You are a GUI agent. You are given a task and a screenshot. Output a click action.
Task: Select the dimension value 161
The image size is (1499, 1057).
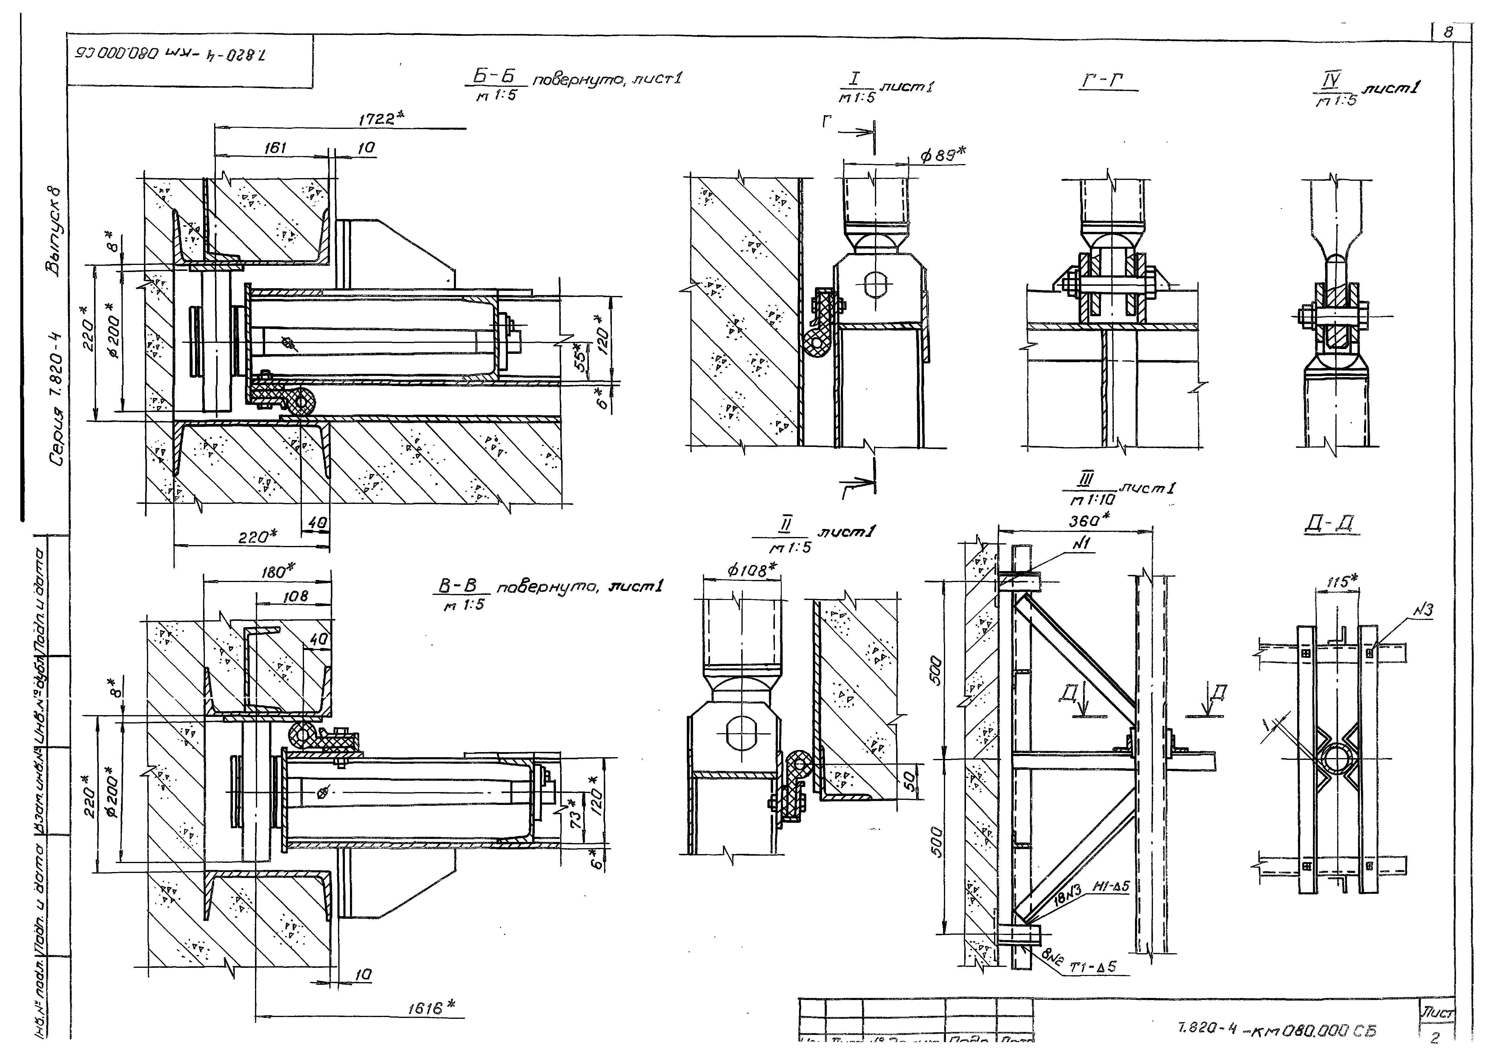[x=276, y=148]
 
